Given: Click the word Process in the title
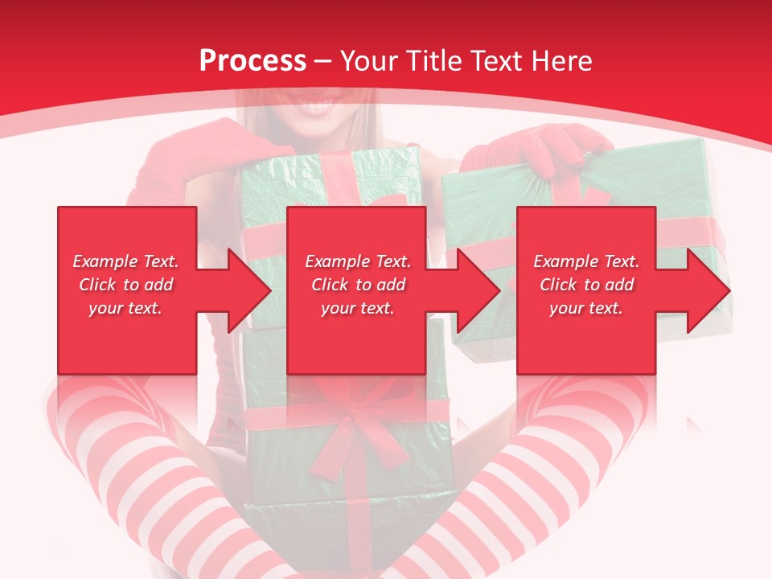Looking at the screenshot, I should pos(253,61).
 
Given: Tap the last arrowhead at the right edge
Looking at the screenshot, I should pos(708,290).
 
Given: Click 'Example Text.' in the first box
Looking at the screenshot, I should pos(126,261).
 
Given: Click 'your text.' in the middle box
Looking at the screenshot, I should pos(358,308).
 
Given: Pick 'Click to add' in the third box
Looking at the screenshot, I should pos(586,285).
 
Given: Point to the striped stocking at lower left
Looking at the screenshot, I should pos(121,450).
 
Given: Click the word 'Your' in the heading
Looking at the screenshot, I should pos(369,61).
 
